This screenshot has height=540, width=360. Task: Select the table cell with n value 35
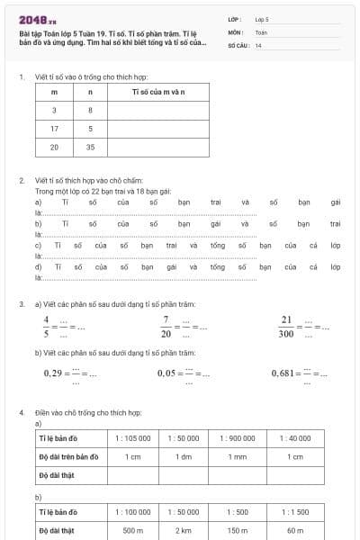pyautogui.click(x=90, y=147)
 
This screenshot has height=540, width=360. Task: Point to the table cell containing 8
pyautogui.click(x=90, y=111)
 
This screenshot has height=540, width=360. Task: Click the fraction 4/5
pyautogui.click(x=46, y=325)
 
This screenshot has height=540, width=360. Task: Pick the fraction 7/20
pyautogui.click(x=166, y=325)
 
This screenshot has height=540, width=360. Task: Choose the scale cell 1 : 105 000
pyautogui.click(x=133, y=437)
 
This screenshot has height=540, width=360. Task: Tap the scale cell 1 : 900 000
pyautogui.click(x=238, y=437)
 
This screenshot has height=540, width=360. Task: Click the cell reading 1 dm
pyautogui.click(x=185, y=456)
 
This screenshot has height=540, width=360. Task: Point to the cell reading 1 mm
pyautogui.click(x=238, y=456)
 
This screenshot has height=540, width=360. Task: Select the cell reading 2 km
pyautogui.click(x=185, y=531)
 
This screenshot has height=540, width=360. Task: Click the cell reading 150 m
pyautogui.click(x=238, y=531)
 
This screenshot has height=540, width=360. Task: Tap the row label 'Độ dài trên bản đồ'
pyautogui.click(x=68, y=456)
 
